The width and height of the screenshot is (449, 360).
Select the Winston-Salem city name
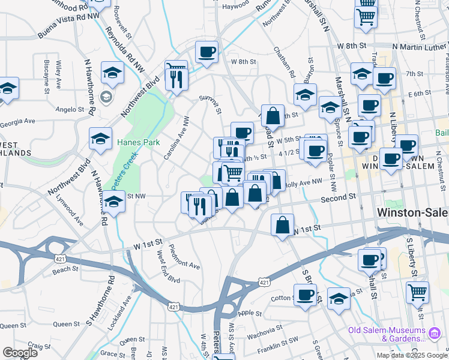pyautogui.click(x=412, y=212)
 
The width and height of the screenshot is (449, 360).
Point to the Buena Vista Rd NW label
pyautogui.click(x=68, y=26)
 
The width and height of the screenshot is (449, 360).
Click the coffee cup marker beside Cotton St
pyautogui.click(x=305, y=294)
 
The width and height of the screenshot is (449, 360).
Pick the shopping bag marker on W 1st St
pyautogui.click(x=282, y=225)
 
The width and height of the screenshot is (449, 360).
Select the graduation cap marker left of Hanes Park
pyautogui.click(x=100, y=139)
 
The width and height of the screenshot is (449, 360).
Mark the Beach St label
pyautogui.click(x=62, y=271)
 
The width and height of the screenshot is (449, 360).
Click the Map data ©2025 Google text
pyautogui.click(x=411, y=355)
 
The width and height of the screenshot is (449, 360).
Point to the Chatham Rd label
pyautogui.click(x=285, y=62)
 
